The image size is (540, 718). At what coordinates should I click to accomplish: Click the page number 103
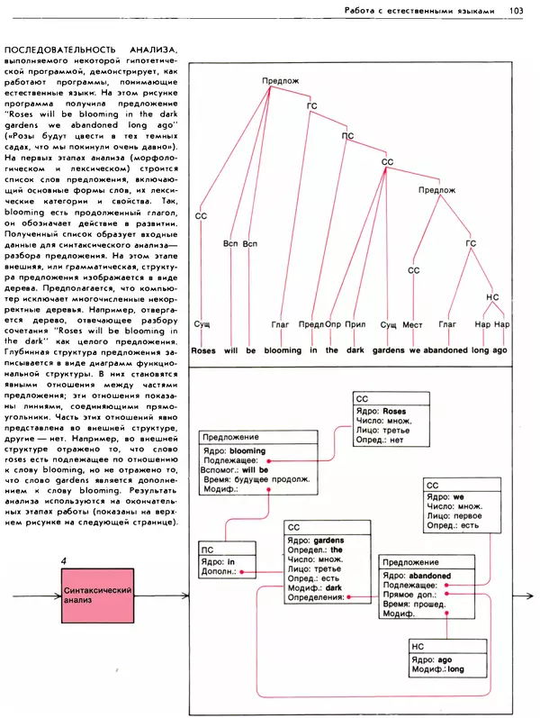pos(517,10)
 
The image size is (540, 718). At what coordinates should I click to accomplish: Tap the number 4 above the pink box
pos(64,562)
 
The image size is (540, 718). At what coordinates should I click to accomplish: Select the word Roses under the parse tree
pos(204,350)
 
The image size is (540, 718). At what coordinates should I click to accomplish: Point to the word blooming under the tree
pos(283,350)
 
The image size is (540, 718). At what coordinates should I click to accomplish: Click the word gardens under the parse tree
pos(389,350)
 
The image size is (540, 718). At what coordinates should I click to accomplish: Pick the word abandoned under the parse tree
pos(445,350)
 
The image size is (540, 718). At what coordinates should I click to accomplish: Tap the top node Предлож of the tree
pos(280,81)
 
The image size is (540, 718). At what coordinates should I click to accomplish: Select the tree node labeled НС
pos(491,296)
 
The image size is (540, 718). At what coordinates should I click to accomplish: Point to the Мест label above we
pos(413,323)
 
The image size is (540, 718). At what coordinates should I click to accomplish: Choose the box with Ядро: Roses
pos(386,424)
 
